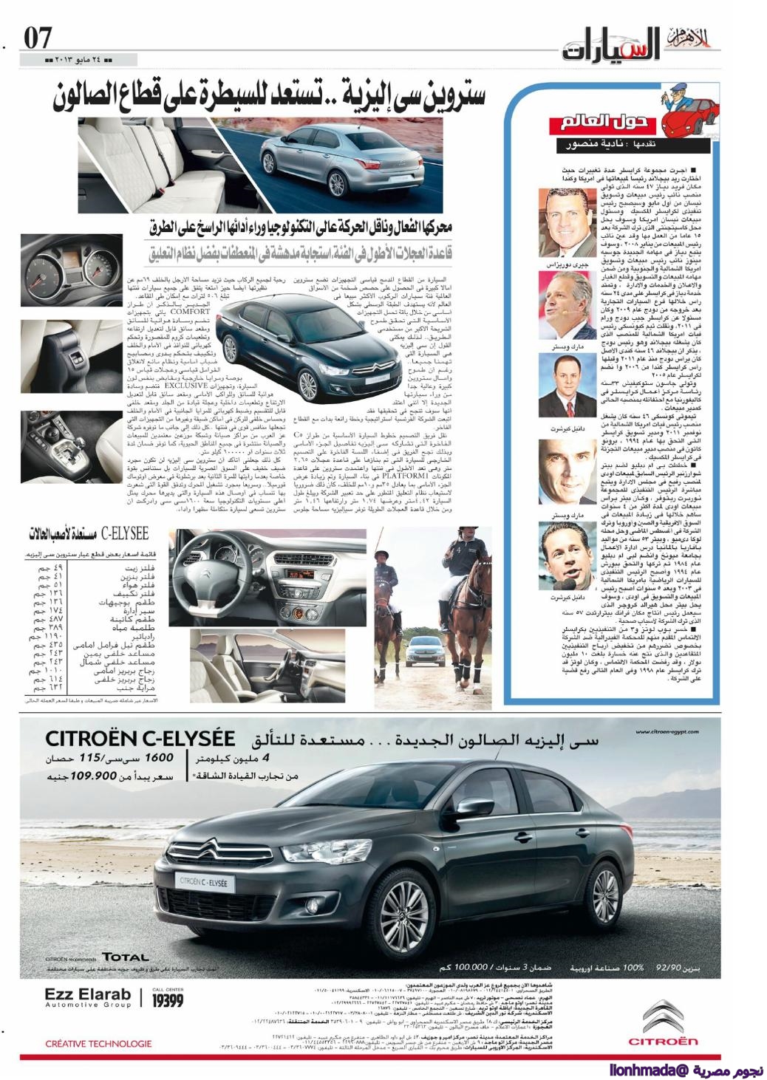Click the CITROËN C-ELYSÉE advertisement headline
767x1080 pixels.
pyautogui.click(x=140, y=738)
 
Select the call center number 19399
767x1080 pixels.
pyautogui.click(x=167, y=1000)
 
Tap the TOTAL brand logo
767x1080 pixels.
pyautogui.click(x=126, y=957)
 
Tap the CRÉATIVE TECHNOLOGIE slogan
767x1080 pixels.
pyautogui.click(x=98, y=1043)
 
